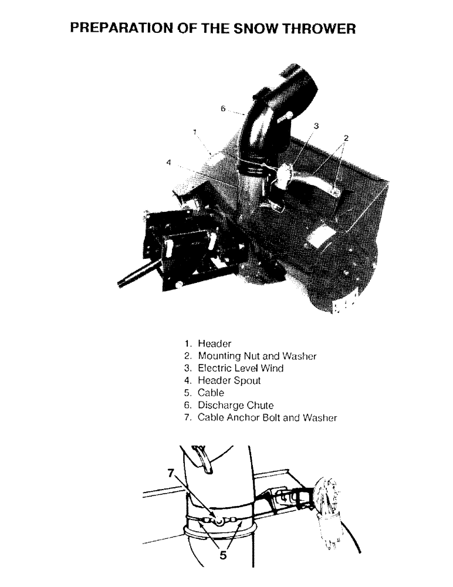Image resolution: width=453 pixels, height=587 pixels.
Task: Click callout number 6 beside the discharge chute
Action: [x=223, y=109]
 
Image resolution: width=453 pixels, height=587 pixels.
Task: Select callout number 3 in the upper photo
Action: [x=316, y=126]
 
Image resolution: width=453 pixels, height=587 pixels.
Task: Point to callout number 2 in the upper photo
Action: [x=346, y=138]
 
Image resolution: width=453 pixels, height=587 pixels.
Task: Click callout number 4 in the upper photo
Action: [x=168, y=163]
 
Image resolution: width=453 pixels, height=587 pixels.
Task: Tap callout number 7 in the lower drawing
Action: [x=171, y=474]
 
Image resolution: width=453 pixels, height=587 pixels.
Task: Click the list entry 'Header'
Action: [x=215, y=343]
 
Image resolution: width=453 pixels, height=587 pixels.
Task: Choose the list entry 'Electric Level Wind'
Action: [x=241, y=368]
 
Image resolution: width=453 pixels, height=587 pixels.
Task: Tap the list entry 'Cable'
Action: [x=211, y=393]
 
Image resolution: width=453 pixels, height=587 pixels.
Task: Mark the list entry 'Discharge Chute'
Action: [x=236, y=405]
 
